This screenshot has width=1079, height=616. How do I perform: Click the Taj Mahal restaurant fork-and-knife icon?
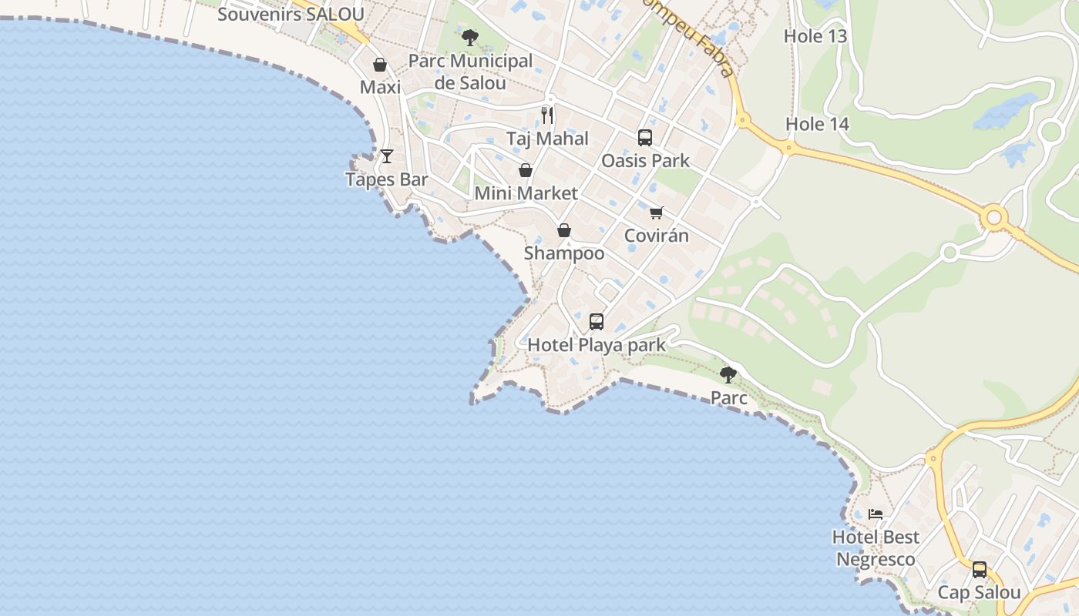click(547, 115)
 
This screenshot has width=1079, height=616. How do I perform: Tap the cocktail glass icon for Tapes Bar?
click(387, 156)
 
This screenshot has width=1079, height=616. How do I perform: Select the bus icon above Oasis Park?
click(645, 138)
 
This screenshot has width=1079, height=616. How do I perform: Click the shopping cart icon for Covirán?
click(656, 213)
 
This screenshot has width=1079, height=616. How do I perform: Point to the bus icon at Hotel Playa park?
click(597, 322)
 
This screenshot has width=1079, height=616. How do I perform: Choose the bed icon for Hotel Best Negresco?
click(875, 514)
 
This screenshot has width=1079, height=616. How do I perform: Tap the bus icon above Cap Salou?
click(979, 570)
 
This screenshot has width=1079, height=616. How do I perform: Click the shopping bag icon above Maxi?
click(380, 65)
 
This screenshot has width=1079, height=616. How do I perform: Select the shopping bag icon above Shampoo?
click(564, 230)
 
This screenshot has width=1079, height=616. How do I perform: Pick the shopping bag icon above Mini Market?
click(526, 170)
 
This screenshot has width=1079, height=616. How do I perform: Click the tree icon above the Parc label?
click(728, 375)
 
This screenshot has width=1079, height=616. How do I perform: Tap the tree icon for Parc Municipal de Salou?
click(469, 37)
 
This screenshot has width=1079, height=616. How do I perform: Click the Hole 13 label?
click(815, 36)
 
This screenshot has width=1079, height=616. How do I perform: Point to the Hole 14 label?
click(817, 124)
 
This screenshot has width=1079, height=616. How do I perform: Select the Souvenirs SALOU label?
click(291, 14)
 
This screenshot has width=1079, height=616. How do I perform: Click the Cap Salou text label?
click(979, 593)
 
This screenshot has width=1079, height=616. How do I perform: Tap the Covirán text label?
click(656, 236)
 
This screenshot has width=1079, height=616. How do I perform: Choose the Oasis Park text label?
click(645, 161)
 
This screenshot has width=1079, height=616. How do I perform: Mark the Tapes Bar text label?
click(386, 179)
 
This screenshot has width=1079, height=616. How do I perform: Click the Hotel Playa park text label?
click(596, 345)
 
